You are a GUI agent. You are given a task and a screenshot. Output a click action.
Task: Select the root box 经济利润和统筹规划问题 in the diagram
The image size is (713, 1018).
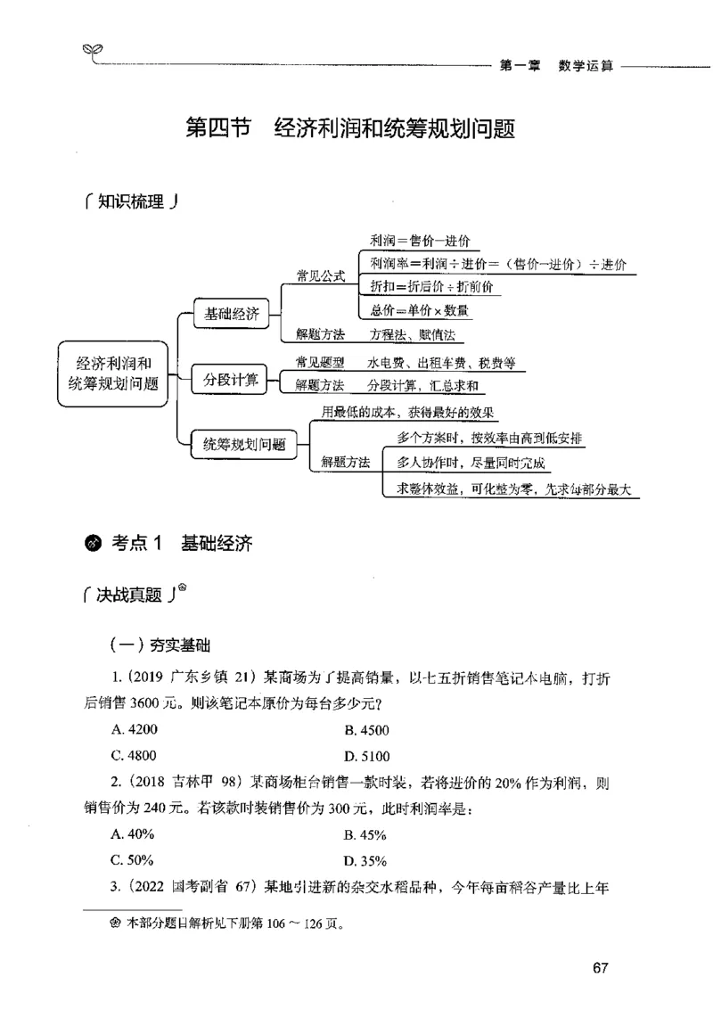pos(112,373)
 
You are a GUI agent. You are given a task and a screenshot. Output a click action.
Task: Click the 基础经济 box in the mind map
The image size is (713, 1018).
pos(232,314)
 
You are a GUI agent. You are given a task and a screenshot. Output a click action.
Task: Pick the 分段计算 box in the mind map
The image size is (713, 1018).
pos(231,381)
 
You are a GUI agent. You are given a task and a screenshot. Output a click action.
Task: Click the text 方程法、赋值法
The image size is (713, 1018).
pos(412,334)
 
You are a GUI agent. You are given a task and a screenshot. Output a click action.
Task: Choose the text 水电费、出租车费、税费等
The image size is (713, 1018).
pos(440,364)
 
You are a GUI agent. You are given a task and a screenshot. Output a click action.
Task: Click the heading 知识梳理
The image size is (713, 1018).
pos(129,202)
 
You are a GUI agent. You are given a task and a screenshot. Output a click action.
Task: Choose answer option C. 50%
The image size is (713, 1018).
pos(133,860)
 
